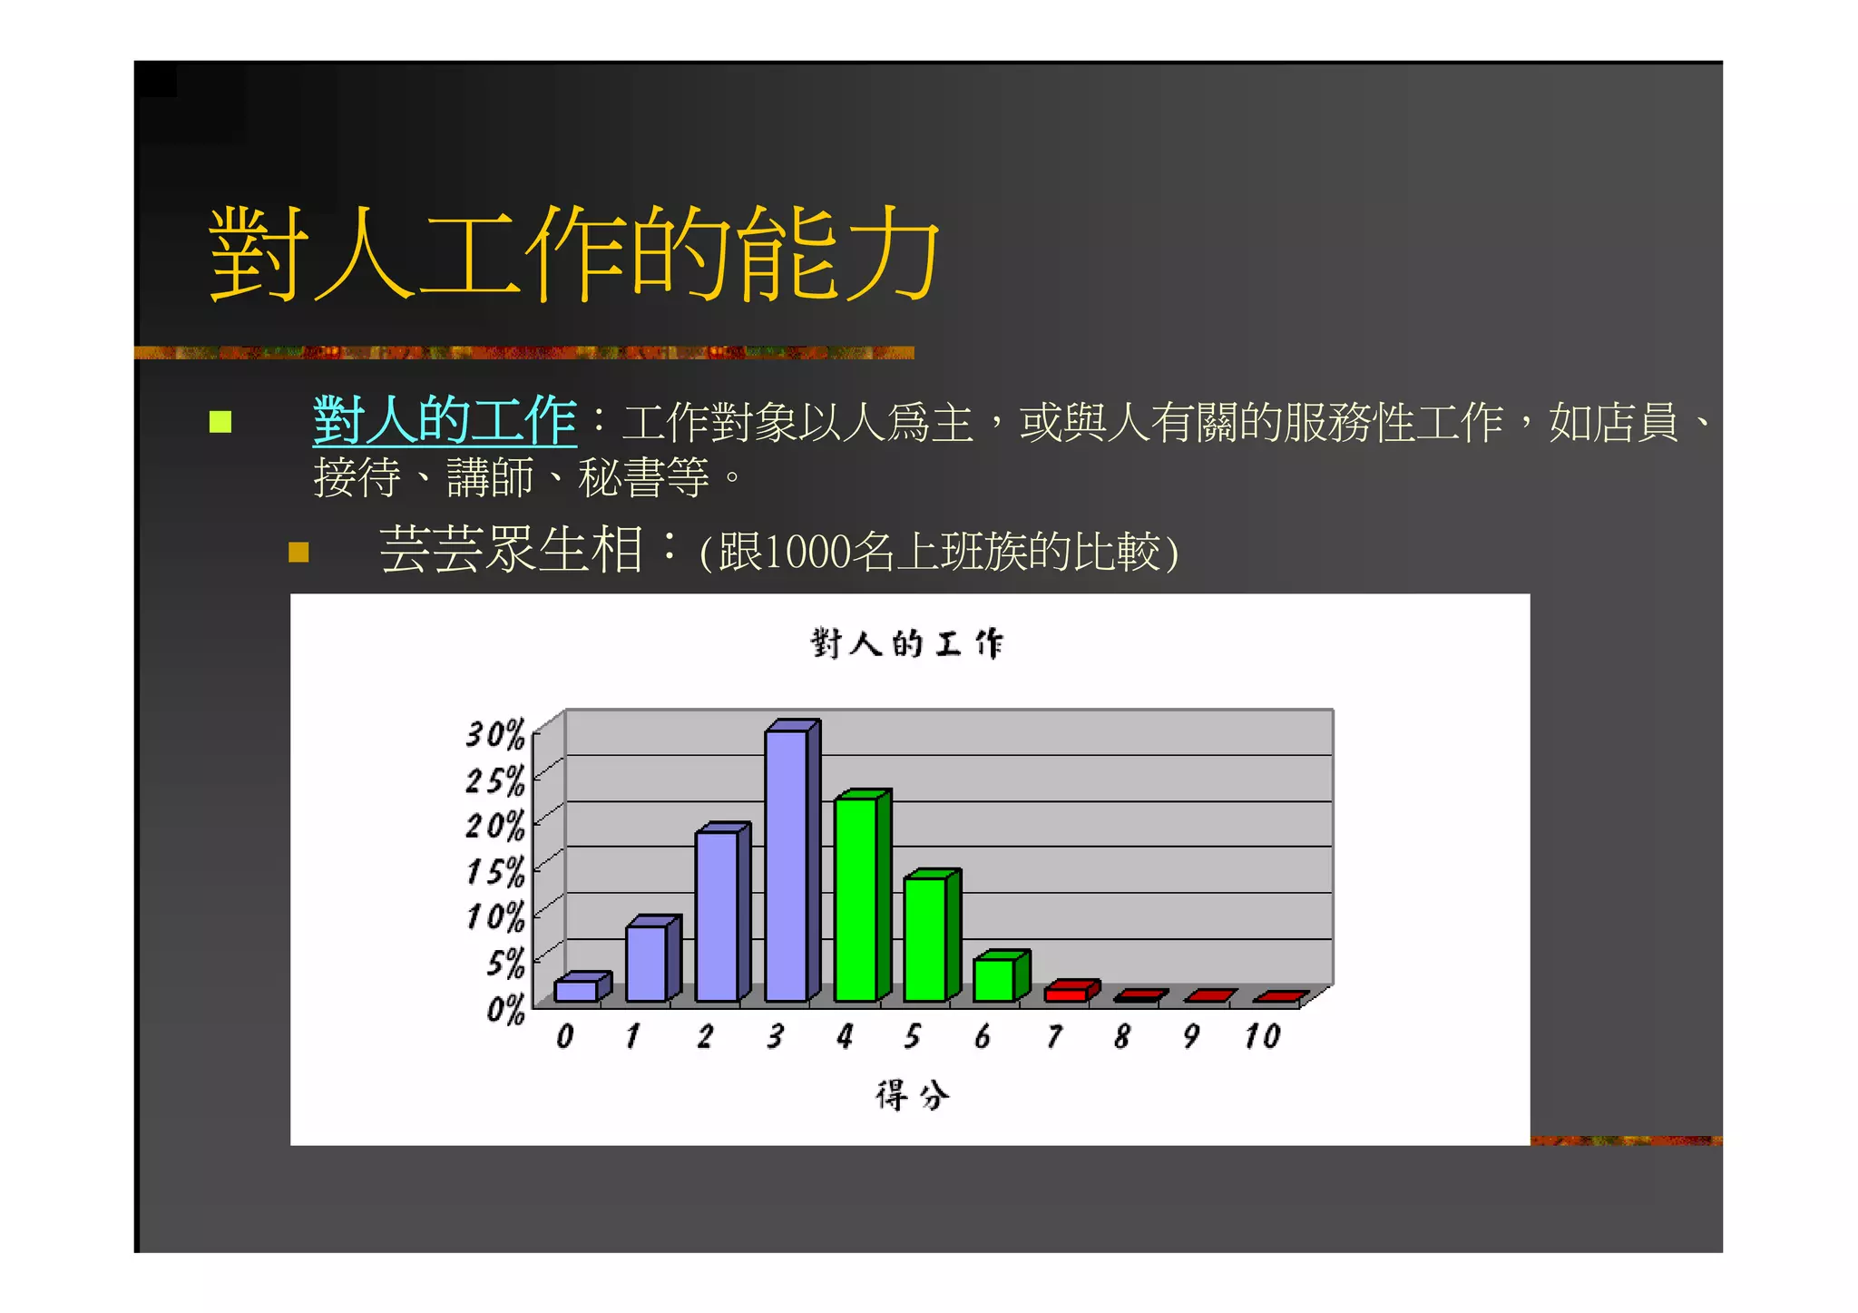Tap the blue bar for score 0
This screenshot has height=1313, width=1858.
[576, 990]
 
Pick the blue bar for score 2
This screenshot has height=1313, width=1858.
[717, 916]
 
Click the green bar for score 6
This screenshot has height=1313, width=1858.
[994, 980]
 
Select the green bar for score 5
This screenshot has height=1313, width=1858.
[925, 938]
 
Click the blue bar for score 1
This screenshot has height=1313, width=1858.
[646, 963]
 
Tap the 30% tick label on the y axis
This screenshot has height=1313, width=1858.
[495, 733]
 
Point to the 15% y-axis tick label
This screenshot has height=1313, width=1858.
[495, 871]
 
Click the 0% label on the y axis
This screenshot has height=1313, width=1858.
[505, 1009]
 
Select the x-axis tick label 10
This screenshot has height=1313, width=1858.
[1262, 1036]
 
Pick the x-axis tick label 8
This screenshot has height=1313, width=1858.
[1122, 1036]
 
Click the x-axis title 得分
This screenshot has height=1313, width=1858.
[913, 1095]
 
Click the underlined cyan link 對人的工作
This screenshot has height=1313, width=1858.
[445, 421]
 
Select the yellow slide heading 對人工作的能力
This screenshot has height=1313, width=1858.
[574, 253]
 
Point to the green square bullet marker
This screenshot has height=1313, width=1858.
[220, 422]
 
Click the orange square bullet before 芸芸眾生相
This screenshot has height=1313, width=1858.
[298, 552]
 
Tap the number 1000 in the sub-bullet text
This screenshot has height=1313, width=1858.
[808, 552]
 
